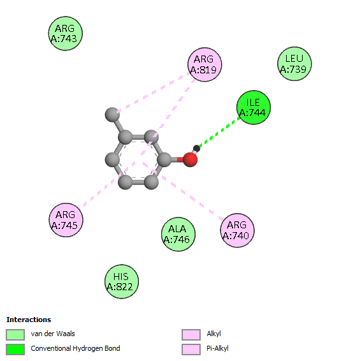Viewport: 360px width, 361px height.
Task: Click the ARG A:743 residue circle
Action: [x=66, y=34]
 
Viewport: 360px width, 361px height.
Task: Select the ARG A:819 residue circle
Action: [x=205, y=64]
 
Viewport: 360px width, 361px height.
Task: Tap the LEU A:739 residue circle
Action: [x=294, y=64]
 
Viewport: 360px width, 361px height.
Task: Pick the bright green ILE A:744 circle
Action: [x=254, y=108]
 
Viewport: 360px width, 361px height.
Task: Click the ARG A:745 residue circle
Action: [x=66, y=220]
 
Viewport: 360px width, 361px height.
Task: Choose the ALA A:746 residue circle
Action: [x=178, y=234]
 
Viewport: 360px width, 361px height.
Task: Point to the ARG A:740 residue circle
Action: [x=238, y=230]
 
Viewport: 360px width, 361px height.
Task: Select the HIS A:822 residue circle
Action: [x=122, y=281]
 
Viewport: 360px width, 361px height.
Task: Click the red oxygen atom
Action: [x=191, y=159]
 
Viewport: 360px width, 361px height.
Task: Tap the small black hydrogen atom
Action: [x=196, y=148]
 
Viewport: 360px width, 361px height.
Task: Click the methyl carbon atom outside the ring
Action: [x=112, y=114]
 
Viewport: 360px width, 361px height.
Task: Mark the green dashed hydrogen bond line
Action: [x=220, y=132]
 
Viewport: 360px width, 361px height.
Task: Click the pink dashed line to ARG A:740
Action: [x=183, y=191]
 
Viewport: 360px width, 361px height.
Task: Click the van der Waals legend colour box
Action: [x=15, y=334]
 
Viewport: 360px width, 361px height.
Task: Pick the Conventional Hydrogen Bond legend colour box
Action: [x=15, y=350]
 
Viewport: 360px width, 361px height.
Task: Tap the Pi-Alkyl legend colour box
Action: [x=191, y=350]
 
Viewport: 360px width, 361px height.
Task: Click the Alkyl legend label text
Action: [x=213, y=334]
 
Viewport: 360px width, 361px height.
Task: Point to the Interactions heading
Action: [x=29, y=320]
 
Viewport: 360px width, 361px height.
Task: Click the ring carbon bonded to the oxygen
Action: [x=164, y=159]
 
